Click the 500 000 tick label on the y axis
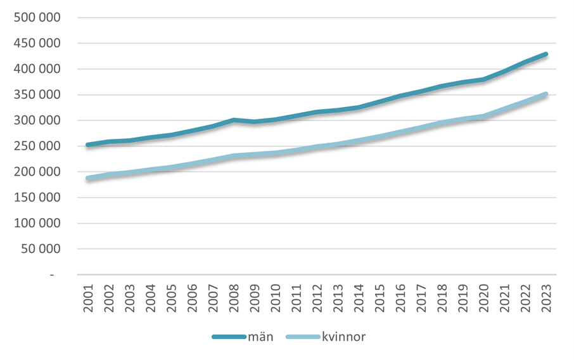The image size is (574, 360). (x=37, y=18)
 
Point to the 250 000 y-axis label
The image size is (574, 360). (x=37, y=146)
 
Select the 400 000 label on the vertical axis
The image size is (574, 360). (x=37, y=69)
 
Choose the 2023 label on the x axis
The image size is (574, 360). (x=546, y=297)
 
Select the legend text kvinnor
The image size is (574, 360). (x=344, y=337)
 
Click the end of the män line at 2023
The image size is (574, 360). (x=545, y=55)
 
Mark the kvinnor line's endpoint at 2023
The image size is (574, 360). (x=545, y=94)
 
